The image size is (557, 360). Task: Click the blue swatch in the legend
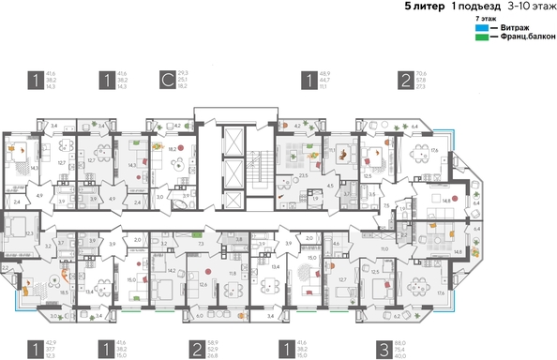(481, 27)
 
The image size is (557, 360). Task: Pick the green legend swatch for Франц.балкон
(481, 36)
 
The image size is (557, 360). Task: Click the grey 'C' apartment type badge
(166, 80)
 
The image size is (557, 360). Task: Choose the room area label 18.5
(64, 292)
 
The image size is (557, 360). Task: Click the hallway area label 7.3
(203, 243)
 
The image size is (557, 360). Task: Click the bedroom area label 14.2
(171, 270)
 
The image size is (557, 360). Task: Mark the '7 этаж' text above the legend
(486, 18)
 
